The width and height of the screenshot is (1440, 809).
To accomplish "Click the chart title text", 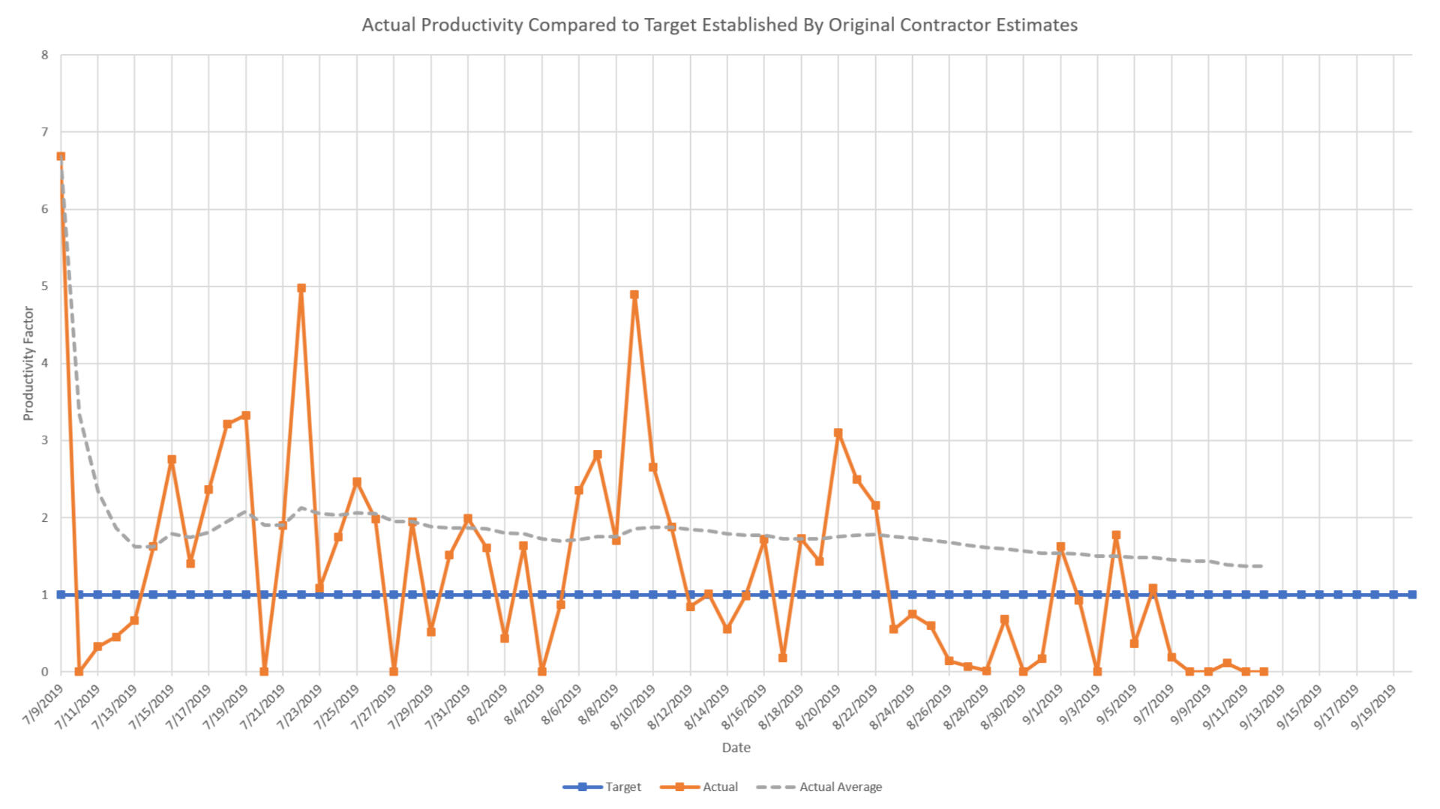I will click(x=719, y=25).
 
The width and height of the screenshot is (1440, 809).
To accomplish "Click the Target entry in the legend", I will click(x=622, y=787).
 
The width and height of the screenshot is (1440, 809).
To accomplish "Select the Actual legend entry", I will click(x=719, y=787).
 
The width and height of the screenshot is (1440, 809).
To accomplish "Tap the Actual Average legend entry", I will click(x=840, y=787).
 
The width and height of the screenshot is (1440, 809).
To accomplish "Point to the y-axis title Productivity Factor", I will click(x=28, y=364).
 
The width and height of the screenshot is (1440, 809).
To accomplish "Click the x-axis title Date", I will click(x=736, y=748).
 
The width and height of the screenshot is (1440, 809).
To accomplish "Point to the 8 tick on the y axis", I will click(x=45, y=55).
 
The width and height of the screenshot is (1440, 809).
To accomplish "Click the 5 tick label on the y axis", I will click(x=45, y=286).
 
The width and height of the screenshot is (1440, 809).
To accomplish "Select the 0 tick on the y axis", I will click(x=45, y=672).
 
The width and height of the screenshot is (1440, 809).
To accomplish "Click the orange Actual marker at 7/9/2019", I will click(x=61, y=157).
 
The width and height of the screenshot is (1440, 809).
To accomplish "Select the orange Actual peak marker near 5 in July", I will click(x=301, y=288).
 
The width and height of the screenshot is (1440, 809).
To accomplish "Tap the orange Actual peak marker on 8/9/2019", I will click(x=634, y=295).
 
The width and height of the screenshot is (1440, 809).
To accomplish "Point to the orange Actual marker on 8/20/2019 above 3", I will click(x=838, y=433).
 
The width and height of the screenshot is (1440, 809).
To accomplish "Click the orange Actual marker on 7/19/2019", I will click(x=246, y=415).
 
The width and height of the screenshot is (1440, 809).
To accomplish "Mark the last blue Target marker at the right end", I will click(x=1412, y=595).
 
